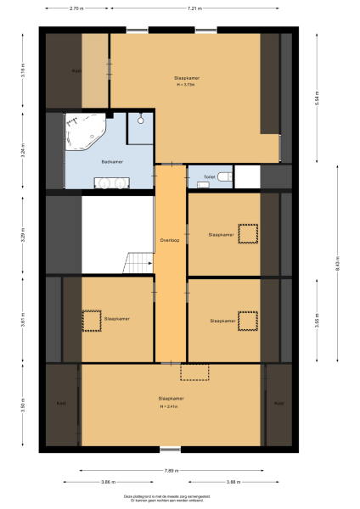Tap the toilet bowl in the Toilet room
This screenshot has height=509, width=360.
point(222,177)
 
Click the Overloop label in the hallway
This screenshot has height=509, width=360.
point(169,240)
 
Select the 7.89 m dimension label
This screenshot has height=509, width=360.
point(171,471)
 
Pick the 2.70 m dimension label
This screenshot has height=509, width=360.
point(76,8)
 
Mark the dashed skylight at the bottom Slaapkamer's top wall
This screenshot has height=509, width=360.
point(194,371)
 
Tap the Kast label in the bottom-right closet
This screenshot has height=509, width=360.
point(278,403)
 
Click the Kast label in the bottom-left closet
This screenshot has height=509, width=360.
point(61,403)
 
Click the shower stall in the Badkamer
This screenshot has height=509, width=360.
point(139,127)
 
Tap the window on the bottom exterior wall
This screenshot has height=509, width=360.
point(171,450)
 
